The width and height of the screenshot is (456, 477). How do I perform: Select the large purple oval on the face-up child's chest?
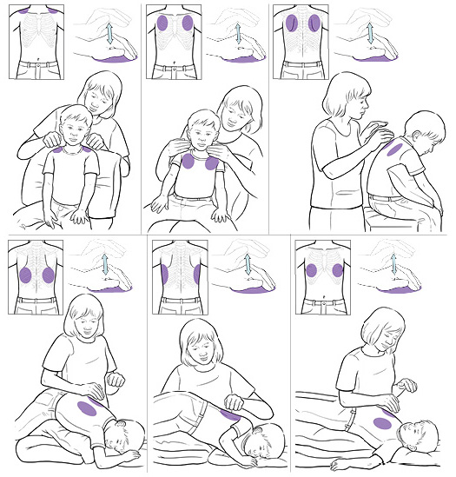(x=382, y=423)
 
